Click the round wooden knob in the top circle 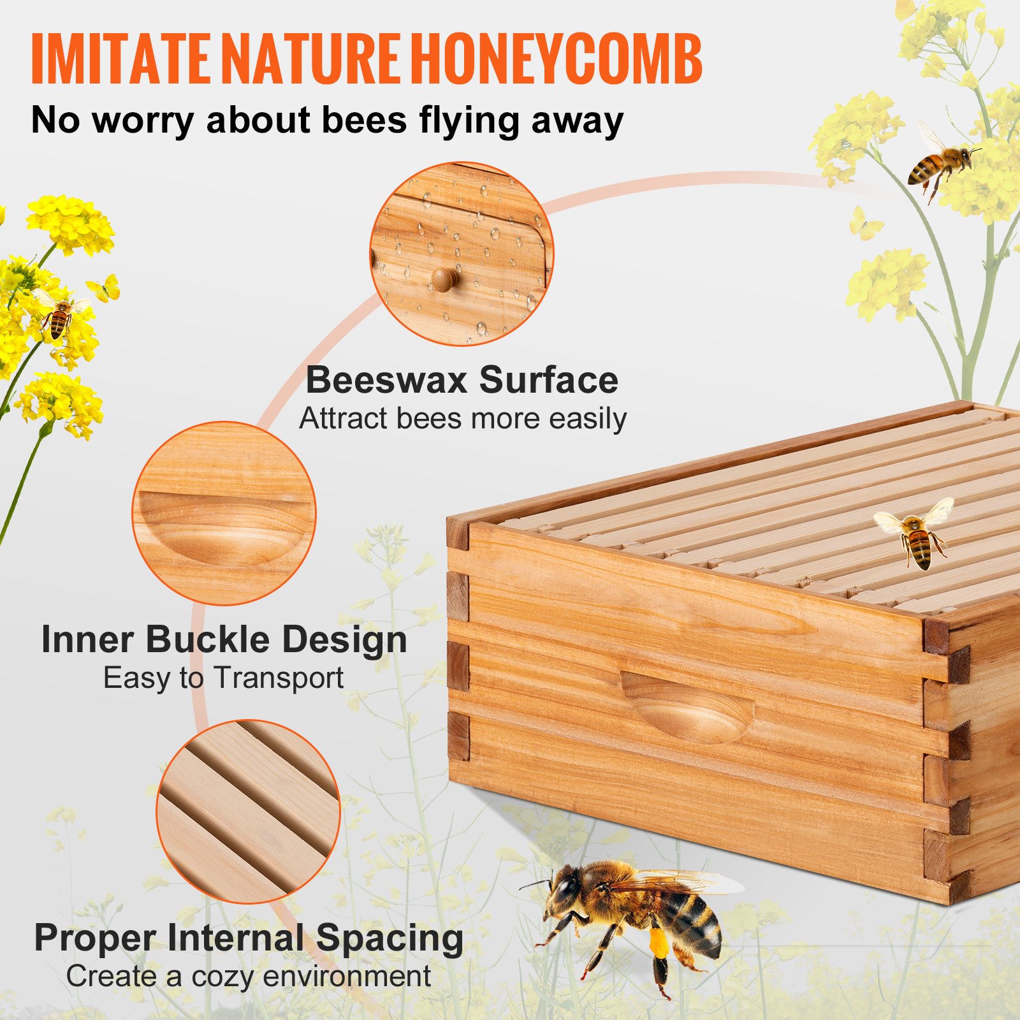444,279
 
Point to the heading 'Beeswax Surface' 462,380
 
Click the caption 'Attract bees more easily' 463,419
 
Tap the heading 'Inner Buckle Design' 224,639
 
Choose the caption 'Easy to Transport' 223,678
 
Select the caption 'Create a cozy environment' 249,976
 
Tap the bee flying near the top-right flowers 941,161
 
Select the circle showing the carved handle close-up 224,513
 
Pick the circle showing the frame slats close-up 248,812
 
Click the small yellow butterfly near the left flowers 106,289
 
